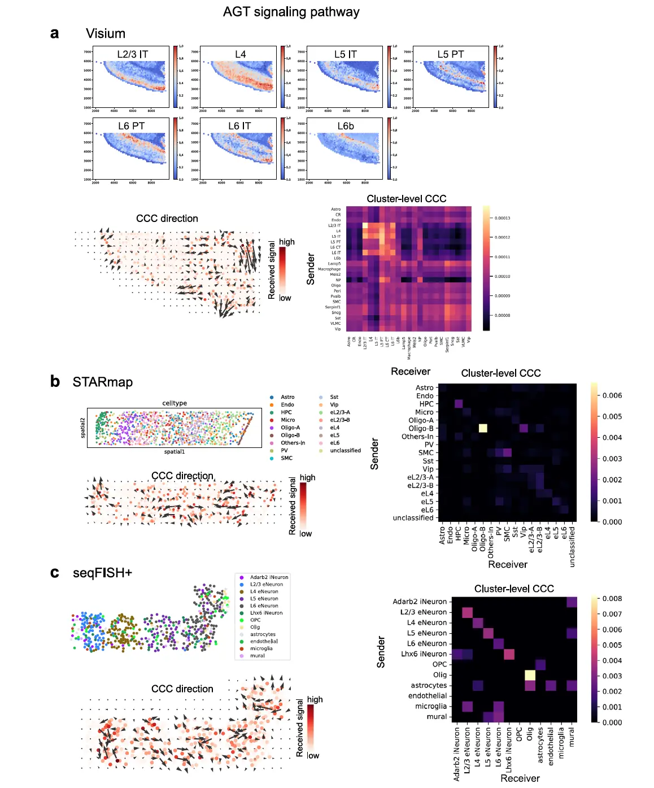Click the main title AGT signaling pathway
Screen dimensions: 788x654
pos(291,12)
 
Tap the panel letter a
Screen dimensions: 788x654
pos(54,33)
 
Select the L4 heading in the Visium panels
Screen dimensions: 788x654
pos(241,54)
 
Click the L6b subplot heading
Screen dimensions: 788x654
pos(346,126)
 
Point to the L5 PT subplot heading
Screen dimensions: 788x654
pos(450,54)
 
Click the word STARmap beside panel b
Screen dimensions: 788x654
pos(102,382)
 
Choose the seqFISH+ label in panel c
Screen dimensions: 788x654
pos(102,573)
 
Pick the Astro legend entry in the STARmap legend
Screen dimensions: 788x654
pos(287,397)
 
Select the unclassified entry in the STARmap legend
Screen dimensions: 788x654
pos(345,451)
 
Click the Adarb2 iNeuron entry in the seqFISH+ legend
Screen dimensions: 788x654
pos(268,577)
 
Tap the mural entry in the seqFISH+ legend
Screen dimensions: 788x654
pos(257,656)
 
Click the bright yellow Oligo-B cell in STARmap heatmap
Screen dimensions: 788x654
pos(483,428)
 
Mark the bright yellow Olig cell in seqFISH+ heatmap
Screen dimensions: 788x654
pos(530,675)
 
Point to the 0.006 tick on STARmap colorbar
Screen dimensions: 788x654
pos(612,395)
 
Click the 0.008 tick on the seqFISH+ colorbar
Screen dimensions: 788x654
pos(612,599)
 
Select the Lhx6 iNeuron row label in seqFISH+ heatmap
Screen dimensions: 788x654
pos(424,654)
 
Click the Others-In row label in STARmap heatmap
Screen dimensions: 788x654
pos(417,437)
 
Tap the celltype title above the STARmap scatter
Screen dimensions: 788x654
pos(175,403)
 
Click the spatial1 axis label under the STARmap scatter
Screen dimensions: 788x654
pos(175,452)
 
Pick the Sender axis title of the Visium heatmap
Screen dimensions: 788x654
pos(311,269)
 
